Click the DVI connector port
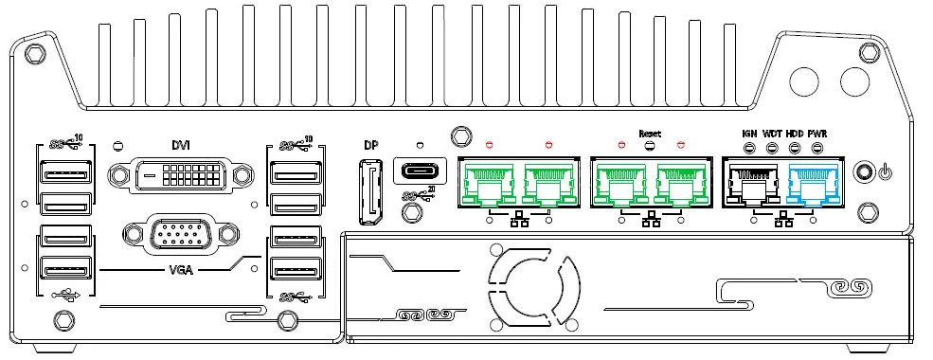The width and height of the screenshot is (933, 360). click(x=181, y=177)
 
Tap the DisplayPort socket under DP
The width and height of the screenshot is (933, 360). click(x=369, y=193)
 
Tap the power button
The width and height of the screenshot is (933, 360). click(x=862, y=172)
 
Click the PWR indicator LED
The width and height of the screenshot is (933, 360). click(x=817, y=149)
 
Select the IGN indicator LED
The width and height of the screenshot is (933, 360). click(x=748, y=149)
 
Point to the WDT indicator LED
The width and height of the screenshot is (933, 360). click(x=772, y=149)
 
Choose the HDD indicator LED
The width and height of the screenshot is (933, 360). click(x=795, y=149)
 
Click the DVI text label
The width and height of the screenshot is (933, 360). click(x=181, y=145)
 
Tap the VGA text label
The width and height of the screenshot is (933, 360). click(x=181, y=269)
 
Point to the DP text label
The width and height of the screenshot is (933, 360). click(x=370, y=146)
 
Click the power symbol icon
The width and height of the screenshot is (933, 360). click(x=885, y=172)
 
